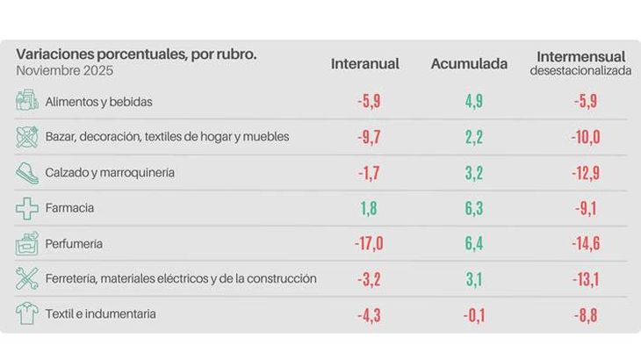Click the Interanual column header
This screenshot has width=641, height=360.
[365, 64]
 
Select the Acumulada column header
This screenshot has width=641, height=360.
[469, 64]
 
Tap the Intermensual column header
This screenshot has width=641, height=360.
[580, 57]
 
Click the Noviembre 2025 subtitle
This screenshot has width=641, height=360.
[64, 70]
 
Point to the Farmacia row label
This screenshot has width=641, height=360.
[69, 208]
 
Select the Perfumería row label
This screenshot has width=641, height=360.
[74, 243]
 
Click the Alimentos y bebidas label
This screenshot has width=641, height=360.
[98, 102]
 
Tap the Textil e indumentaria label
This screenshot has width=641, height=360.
[101, 314]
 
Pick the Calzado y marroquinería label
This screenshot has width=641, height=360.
[110, 172]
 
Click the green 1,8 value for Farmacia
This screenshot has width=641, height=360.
[368, 208]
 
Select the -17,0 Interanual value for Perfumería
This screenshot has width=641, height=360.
[368, 243]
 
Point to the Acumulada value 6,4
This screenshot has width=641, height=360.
[473, 243]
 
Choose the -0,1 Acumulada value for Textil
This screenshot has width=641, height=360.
[472, 314]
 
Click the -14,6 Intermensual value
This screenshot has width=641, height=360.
[582, 243]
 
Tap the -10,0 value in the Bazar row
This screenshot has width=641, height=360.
[582, 137]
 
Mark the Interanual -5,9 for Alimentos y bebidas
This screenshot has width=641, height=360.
[368, 102]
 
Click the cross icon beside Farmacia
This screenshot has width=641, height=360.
[27, 208]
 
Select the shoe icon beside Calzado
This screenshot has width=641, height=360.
[27, 173]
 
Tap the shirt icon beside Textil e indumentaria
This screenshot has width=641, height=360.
[27, 314]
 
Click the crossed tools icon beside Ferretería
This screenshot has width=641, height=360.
[27, 279]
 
